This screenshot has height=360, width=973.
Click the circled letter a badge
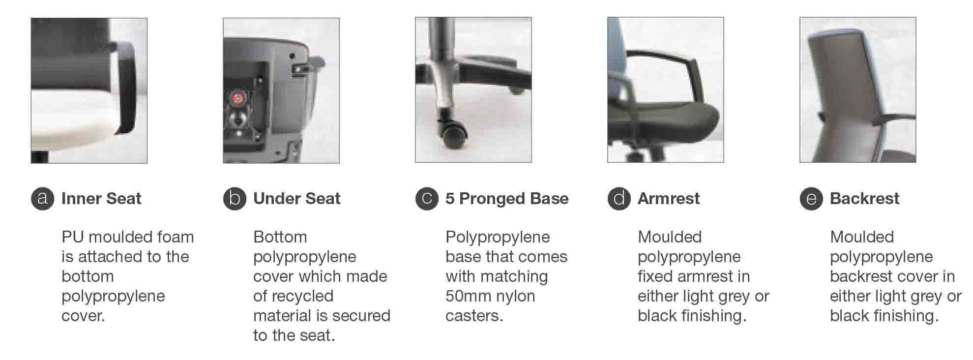click(42, 198)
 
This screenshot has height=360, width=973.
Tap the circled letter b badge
click(235, 198)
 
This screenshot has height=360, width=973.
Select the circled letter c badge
click(427, 198)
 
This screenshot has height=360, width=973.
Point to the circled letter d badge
click(619, 198)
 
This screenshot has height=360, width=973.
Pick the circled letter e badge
click(811, 198)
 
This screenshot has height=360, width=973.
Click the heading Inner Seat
click(101, 198)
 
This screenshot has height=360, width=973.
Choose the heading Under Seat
click(297, 198)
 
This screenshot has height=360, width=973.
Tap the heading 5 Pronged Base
click(507, 199)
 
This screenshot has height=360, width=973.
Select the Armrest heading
click(669, 198)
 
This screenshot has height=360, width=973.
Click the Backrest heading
click(865, 198)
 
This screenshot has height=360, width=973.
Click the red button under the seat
click(238, 98)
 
